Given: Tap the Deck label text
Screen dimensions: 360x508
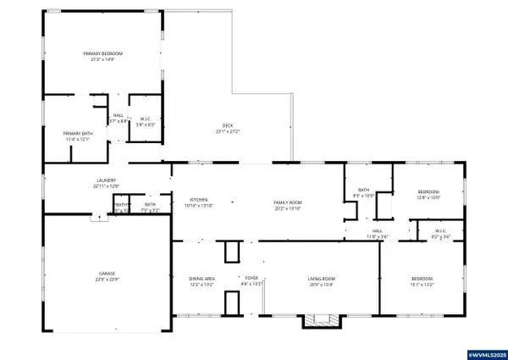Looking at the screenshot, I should (x=228, y=125).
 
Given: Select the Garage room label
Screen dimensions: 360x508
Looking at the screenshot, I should (x=107, y=274).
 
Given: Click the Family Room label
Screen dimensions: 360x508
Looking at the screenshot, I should (x=287, y=200).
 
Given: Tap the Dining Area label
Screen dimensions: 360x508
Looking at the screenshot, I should (x=201, y=278).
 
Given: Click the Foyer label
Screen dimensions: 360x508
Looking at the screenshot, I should (x=252, y=278).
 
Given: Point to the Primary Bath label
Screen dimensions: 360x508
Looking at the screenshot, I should (x=76, y=134).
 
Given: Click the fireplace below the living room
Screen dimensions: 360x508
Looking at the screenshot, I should (x=321, y=321).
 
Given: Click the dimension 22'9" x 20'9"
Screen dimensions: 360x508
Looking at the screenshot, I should (x=107, y=280).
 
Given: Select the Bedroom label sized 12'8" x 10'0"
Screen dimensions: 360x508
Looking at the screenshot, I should (x=428, y=193).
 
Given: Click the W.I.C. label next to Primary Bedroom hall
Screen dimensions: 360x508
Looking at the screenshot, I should (x=145, y=119).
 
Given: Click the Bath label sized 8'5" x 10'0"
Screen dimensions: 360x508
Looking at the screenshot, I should (x=363, y=190).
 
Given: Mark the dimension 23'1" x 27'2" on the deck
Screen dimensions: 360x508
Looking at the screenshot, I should (x=228, y=131).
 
